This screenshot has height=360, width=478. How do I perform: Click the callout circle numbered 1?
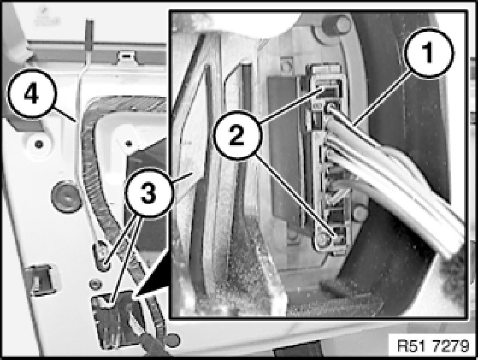429,54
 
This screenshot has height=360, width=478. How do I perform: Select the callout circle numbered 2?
238,135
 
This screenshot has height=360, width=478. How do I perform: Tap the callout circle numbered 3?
149,193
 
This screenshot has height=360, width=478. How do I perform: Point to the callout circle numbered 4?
32,94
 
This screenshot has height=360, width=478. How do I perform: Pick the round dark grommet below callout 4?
65,196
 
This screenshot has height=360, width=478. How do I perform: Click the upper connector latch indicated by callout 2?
327,91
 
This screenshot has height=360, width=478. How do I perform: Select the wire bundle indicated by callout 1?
393,177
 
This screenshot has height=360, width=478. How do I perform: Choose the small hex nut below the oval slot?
96,284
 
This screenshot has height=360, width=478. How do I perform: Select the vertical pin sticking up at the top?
90,34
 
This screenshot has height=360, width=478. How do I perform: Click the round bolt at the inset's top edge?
337,25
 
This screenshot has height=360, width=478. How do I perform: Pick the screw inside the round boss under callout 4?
39,143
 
